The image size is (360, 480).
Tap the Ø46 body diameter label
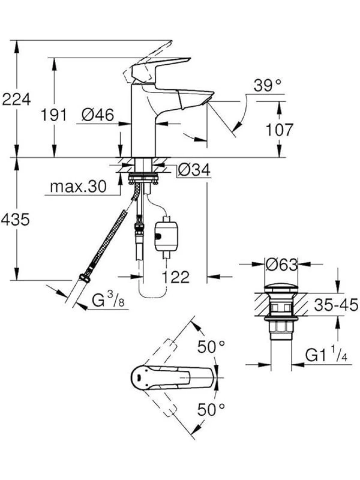click(x=98, y=115)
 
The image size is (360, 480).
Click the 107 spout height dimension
click(x=279, y=130)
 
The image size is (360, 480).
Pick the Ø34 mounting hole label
click(x=194, y=170)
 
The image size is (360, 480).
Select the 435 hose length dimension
click(x=15, y=219)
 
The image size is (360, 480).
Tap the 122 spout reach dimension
click(x=175, y=277)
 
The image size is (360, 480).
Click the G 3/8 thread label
click(x=108, y=300)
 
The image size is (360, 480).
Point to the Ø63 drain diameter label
click(x=282, y=264)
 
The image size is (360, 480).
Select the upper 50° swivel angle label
click(x=211, y=347)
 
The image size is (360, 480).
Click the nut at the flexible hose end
click(x=85, y=278)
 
